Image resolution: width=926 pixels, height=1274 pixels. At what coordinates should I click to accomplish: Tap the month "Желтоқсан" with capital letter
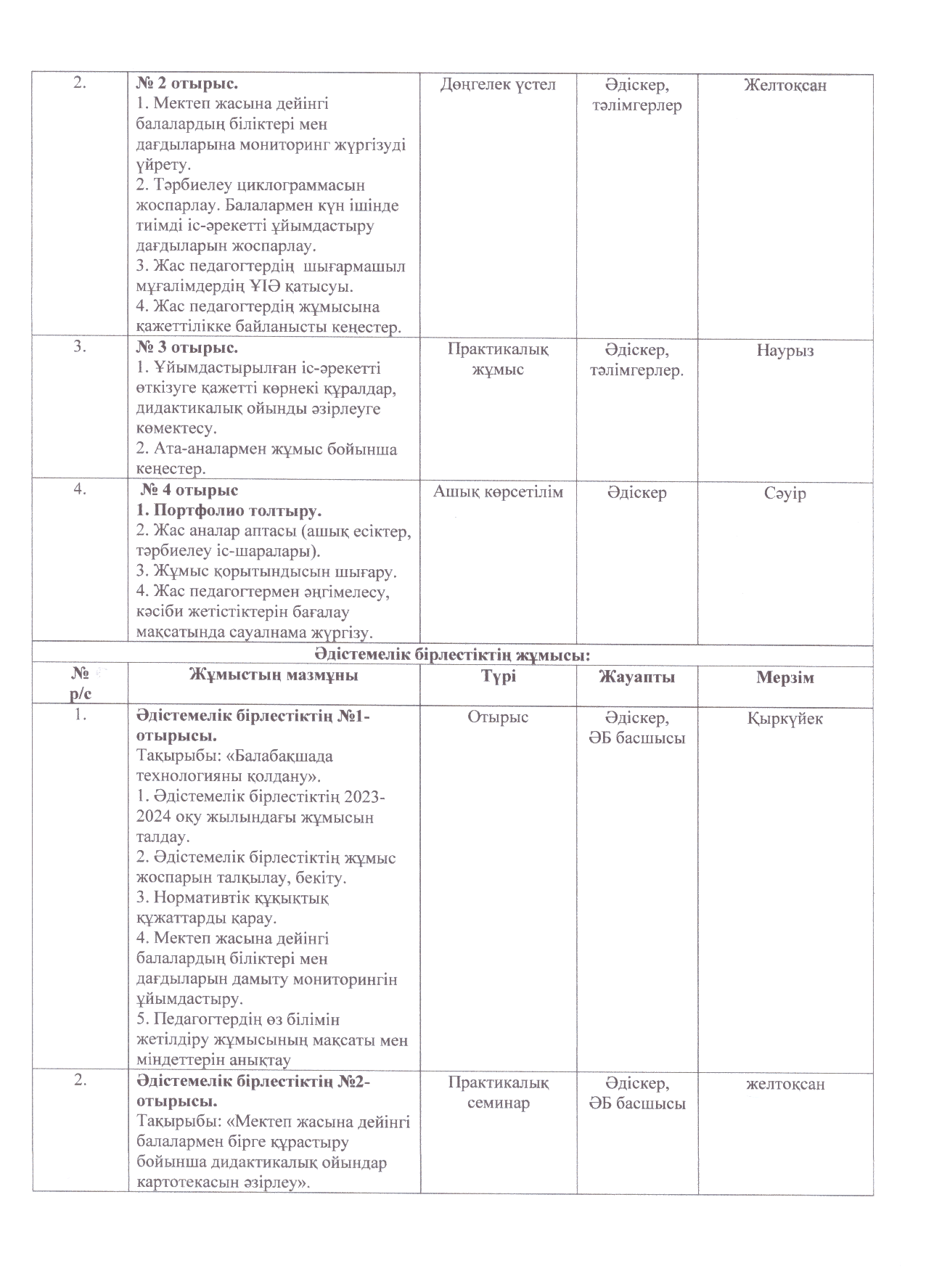click(784, 86)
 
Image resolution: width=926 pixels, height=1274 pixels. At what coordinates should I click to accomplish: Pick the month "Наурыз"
click(785, 351)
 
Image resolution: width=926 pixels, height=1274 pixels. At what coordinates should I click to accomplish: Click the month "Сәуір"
click(785, 494)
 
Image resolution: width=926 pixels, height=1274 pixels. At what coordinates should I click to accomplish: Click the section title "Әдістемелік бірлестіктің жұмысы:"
click(452, 655)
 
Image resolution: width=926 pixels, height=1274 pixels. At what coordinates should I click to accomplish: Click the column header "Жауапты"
click(636, 677)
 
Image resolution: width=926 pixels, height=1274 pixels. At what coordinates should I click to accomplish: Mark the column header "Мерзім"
click(785, 677)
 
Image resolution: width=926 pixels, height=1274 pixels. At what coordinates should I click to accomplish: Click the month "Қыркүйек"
click(785, 719)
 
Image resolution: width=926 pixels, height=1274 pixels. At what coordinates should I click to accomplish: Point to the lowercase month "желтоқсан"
click(785, 1085)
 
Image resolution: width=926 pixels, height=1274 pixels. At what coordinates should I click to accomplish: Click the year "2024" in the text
click(154, 817)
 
